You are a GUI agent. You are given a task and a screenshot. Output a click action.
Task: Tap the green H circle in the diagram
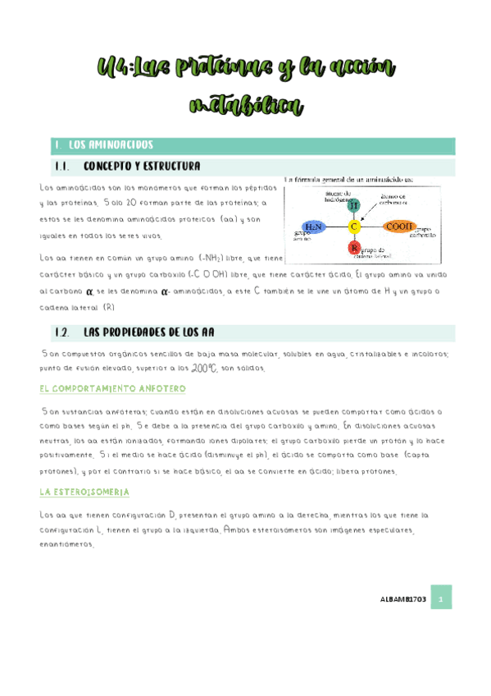(355, 204)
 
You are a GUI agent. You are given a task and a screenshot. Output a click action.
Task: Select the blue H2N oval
(313, 226)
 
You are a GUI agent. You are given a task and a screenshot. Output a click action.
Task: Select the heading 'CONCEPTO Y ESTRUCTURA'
(142, 167)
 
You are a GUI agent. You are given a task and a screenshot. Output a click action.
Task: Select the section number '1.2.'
(59, 332)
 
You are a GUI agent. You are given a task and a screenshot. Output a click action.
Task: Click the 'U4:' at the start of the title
(112, 67)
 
